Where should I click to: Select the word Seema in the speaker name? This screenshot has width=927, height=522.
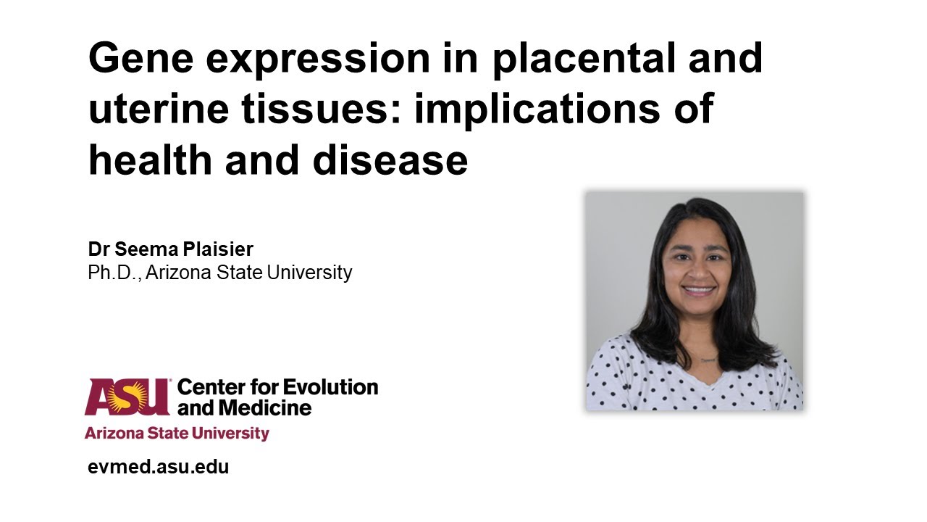click(149, 249)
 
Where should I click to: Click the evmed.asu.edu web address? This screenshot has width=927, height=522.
click(159, 467)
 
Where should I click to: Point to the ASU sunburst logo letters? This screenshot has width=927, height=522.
click(127, 397)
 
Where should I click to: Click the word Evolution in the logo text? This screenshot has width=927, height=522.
click(330, 387)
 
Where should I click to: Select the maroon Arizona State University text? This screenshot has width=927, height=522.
click(177, 434)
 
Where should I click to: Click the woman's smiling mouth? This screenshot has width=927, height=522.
click(698, 291)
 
